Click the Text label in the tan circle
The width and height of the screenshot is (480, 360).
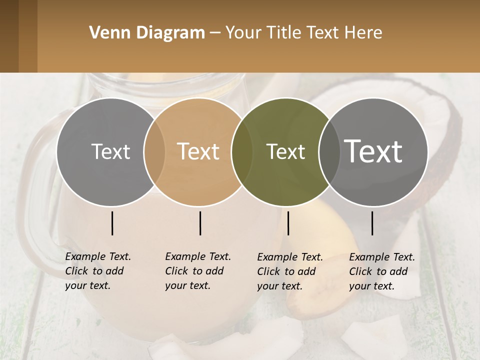pos(198,151)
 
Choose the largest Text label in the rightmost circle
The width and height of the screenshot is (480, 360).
pos(373,151)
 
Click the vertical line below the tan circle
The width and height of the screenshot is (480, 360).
pos(200,223)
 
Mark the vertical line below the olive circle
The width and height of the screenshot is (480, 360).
pos(288,223)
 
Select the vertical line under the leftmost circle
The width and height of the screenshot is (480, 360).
pos(112,223)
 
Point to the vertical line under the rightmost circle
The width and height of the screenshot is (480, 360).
pos(372,223)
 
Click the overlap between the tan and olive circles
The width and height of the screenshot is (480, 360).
pos(241,152)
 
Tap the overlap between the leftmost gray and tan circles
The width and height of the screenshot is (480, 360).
pos(154,152)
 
